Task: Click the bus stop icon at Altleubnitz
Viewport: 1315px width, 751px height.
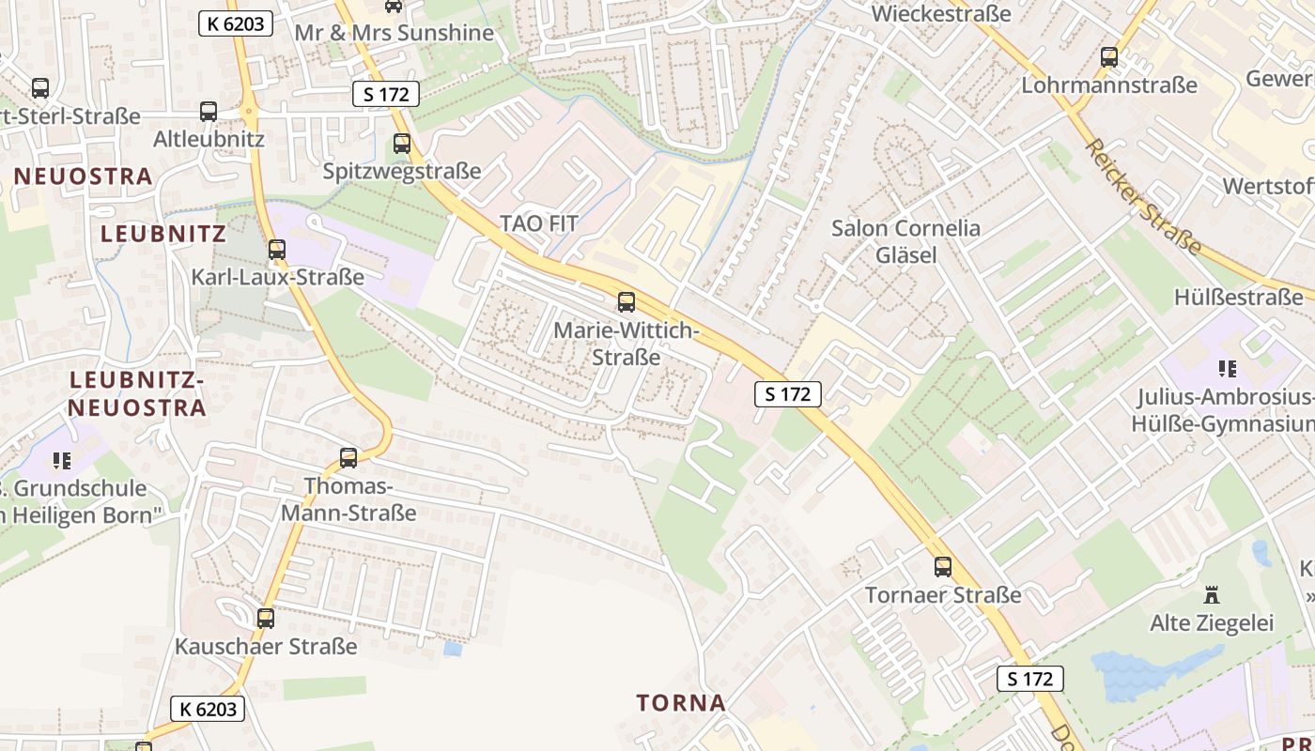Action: pyautogui.click(x=209, y=112)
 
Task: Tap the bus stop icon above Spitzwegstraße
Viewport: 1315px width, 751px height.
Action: pyautogui.click(x=402, y=144)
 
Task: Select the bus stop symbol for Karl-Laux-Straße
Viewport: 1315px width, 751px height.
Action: pyautogui.click(x=276, y=250)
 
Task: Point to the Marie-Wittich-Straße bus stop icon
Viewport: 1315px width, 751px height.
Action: pyautogui.click(x=626, y=302)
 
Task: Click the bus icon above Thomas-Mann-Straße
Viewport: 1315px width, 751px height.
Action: pyautogui.click(x=348, y=458)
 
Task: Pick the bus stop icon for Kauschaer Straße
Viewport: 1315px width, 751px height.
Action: pyautogui.click(x=266, y=618)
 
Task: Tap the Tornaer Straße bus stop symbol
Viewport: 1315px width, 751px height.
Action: pyautogui.click(x=943, y=567)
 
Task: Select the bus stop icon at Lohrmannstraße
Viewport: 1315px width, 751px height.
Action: pyautogui.click(x=1109, y=57)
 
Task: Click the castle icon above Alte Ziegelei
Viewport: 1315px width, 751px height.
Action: pyautogui.click(x=1212, y=595)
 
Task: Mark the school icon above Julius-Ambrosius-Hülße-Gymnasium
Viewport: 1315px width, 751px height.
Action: pyautogui.click(x=1227, y=369)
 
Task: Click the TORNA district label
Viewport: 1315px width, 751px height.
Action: pyautogui.click(x=681, y=702)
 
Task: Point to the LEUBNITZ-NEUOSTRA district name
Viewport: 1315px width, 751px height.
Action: pyautogui.click(x=137, y=393)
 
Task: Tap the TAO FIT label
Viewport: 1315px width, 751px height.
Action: pyautogui.click(x=538, y=223)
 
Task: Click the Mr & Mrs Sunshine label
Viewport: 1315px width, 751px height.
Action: pyautogui.click(x=394, y=33)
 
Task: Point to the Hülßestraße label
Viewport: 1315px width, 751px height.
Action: pyautogui.click(x=1238, y=298)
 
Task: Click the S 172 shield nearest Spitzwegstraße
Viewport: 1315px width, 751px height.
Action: pyautogui.click(x=385, y=94)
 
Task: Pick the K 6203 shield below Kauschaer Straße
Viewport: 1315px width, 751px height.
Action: pyautogui.click(x=208, y=709)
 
